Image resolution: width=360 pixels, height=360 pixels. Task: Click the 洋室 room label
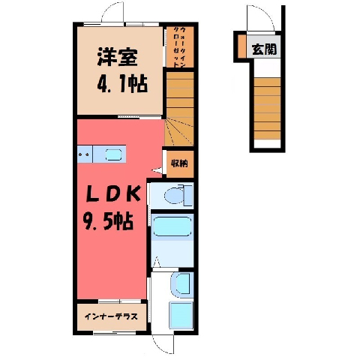(118, 57)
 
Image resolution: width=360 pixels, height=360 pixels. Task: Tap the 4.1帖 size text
(122, 83)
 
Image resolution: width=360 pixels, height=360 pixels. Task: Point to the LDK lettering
(112, 194)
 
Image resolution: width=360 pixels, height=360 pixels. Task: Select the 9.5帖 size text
(108, 220)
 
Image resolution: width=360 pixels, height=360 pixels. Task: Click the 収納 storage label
(179, 163)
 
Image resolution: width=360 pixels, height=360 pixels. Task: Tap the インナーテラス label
(112, 316)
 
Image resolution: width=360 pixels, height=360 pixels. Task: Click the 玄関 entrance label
(264, 49)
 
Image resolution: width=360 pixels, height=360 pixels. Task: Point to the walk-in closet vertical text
(180, 47)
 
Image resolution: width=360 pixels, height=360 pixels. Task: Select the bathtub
(172, 226)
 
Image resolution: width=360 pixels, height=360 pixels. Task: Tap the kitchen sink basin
(113, 154)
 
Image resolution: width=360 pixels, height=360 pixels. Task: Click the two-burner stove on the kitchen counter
(84, 154)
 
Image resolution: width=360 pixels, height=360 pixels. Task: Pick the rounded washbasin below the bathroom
(182, 284)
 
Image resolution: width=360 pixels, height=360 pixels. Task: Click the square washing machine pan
(181, 315)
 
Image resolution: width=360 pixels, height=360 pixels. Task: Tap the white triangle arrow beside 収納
(157, 170)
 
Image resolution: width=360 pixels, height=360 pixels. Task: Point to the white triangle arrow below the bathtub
(157, 262)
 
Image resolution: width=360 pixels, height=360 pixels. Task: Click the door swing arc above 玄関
(265, 13)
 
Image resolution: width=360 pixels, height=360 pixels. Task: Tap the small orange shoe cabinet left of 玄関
(241, 46)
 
